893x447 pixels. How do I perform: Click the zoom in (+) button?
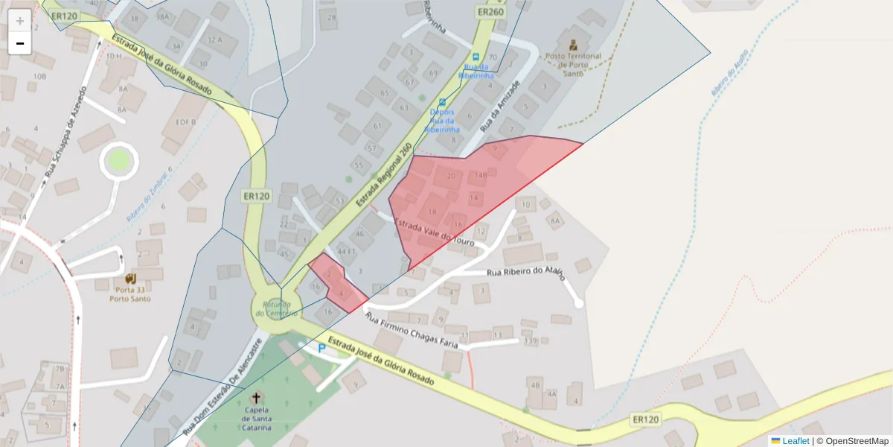(x=20, y=21)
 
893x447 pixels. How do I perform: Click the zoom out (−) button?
(x=20, y=43)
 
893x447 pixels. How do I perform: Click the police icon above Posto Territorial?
(x=573, y=45)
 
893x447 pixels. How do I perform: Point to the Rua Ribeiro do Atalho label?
(x=525, y=273)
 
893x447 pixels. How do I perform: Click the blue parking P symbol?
(x=321, y=348)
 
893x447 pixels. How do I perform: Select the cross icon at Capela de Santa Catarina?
(x=257, y=397)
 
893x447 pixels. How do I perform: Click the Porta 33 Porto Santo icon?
(x=131, y=278)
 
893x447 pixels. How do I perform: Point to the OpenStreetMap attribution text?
(x=852, y=441)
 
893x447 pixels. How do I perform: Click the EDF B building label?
(x=185, y=122)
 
